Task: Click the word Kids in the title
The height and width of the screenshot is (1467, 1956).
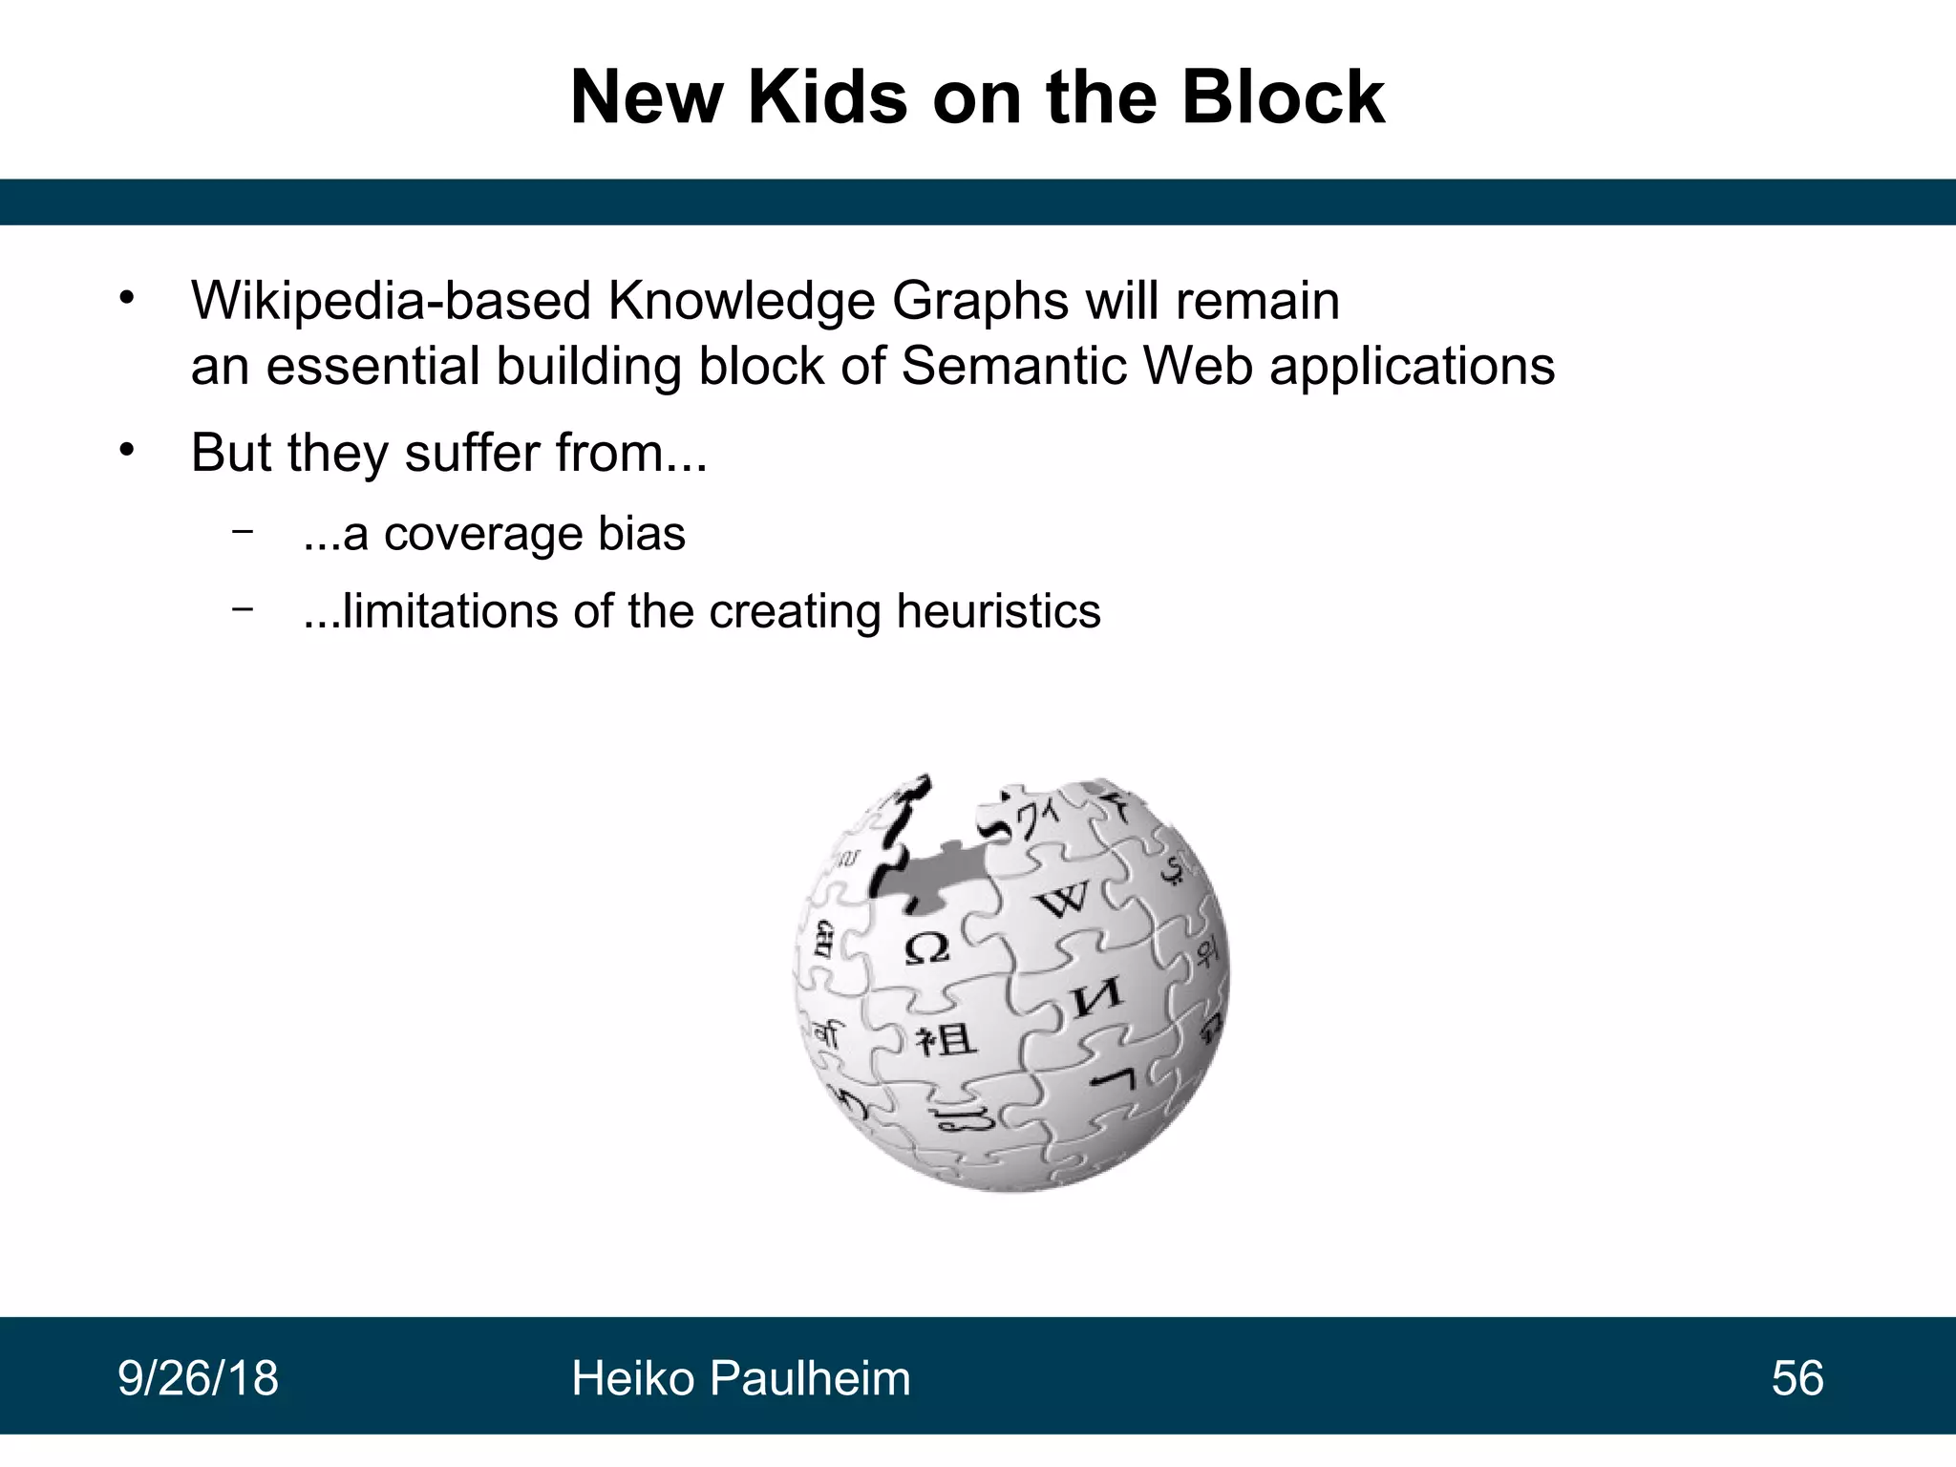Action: point(827,97)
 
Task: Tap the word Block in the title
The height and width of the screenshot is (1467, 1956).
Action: point(1283,97)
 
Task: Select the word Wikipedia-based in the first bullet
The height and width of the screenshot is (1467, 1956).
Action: point(392,302)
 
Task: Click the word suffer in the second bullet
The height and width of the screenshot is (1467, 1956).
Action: point(472,453)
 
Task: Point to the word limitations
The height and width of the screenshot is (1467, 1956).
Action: point(449,611)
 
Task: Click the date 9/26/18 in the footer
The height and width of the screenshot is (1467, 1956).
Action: point(198,1378)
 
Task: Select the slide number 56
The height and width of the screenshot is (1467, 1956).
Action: point(1797,1378)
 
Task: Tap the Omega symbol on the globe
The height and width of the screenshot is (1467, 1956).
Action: point(925,948)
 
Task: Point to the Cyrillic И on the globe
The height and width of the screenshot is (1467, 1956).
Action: point(1096,999)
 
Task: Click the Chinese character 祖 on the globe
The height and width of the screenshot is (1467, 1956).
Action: point(946,1039)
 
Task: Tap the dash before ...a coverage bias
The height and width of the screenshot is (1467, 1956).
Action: point(243,530)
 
